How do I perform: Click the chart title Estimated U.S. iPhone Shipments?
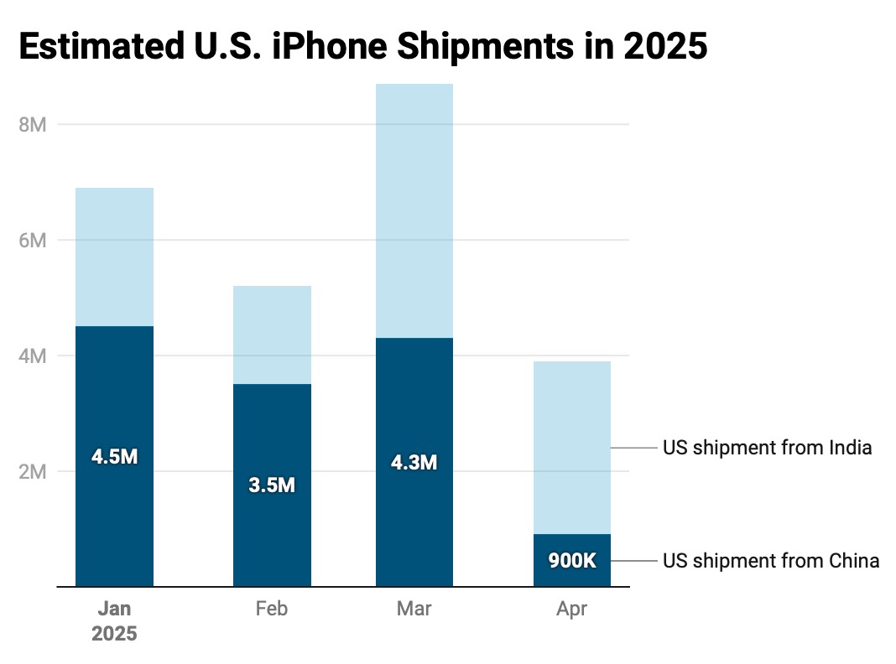click(x=362, y=47)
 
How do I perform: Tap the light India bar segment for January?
click(x=114, y=257)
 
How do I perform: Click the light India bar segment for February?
click(x=272, y=335)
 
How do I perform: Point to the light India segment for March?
click(x=414, y=210)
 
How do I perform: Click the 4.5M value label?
click(x=114, y=457)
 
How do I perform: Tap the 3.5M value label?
click(x=272, y=485)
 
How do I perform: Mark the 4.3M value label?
click(x=414, y=462)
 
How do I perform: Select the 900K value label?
click(x=572, y=561)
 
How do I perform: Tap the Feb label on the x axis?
click(x=272, y=609)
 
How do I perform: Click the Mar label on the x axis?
click(x=414, y=609)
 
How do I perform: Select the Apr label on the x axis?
click(x=572, y=609)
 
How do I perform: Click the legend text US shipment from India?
click(x=767, y=448)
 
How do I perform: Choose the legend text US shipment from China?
click(x=770, y=561)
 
